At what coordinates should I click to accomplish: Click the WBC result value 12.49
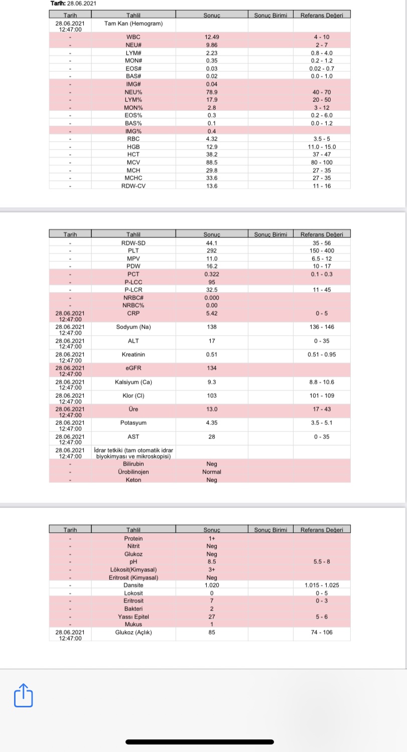[212, 37]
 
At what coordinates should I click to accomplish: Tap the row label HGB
[133, 146]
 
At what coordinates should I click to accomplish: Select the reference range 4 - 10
[322, 37]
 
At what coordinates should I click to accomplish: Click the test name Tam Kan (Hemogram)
[133, 24]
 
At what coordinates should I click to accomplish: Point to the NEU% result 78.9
[212, 92]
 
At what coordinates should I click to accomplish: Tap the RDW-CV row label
[133, 186]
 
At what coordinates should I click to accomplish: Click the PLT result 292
[212, 251]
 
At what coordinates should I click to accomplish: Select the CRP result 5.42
[212, 314]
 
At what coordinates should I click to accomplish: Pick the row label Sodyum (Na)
[133, 327]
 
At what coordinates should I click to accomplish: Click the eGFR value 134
[212, 368]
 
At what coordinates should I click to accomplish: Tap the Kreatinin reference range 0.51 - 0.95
[322, 355]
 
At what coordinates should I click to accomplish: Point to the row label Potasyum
[133, 423]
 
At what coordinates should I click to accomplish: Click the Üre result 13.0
[212, 409]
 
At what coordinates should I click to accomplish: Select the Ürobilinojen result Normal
[212, 472]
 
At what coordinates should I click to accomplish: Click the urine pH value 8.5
[212, 562]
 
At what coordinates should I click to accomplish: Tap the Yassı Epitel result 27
[212, 617]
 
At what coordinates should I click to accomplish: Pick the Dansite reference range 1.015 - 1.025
[322, 585]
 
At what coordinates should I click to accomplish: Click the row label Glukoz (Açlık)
[133, 632]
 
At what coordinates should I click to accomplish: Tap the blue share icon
[23, 695]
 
